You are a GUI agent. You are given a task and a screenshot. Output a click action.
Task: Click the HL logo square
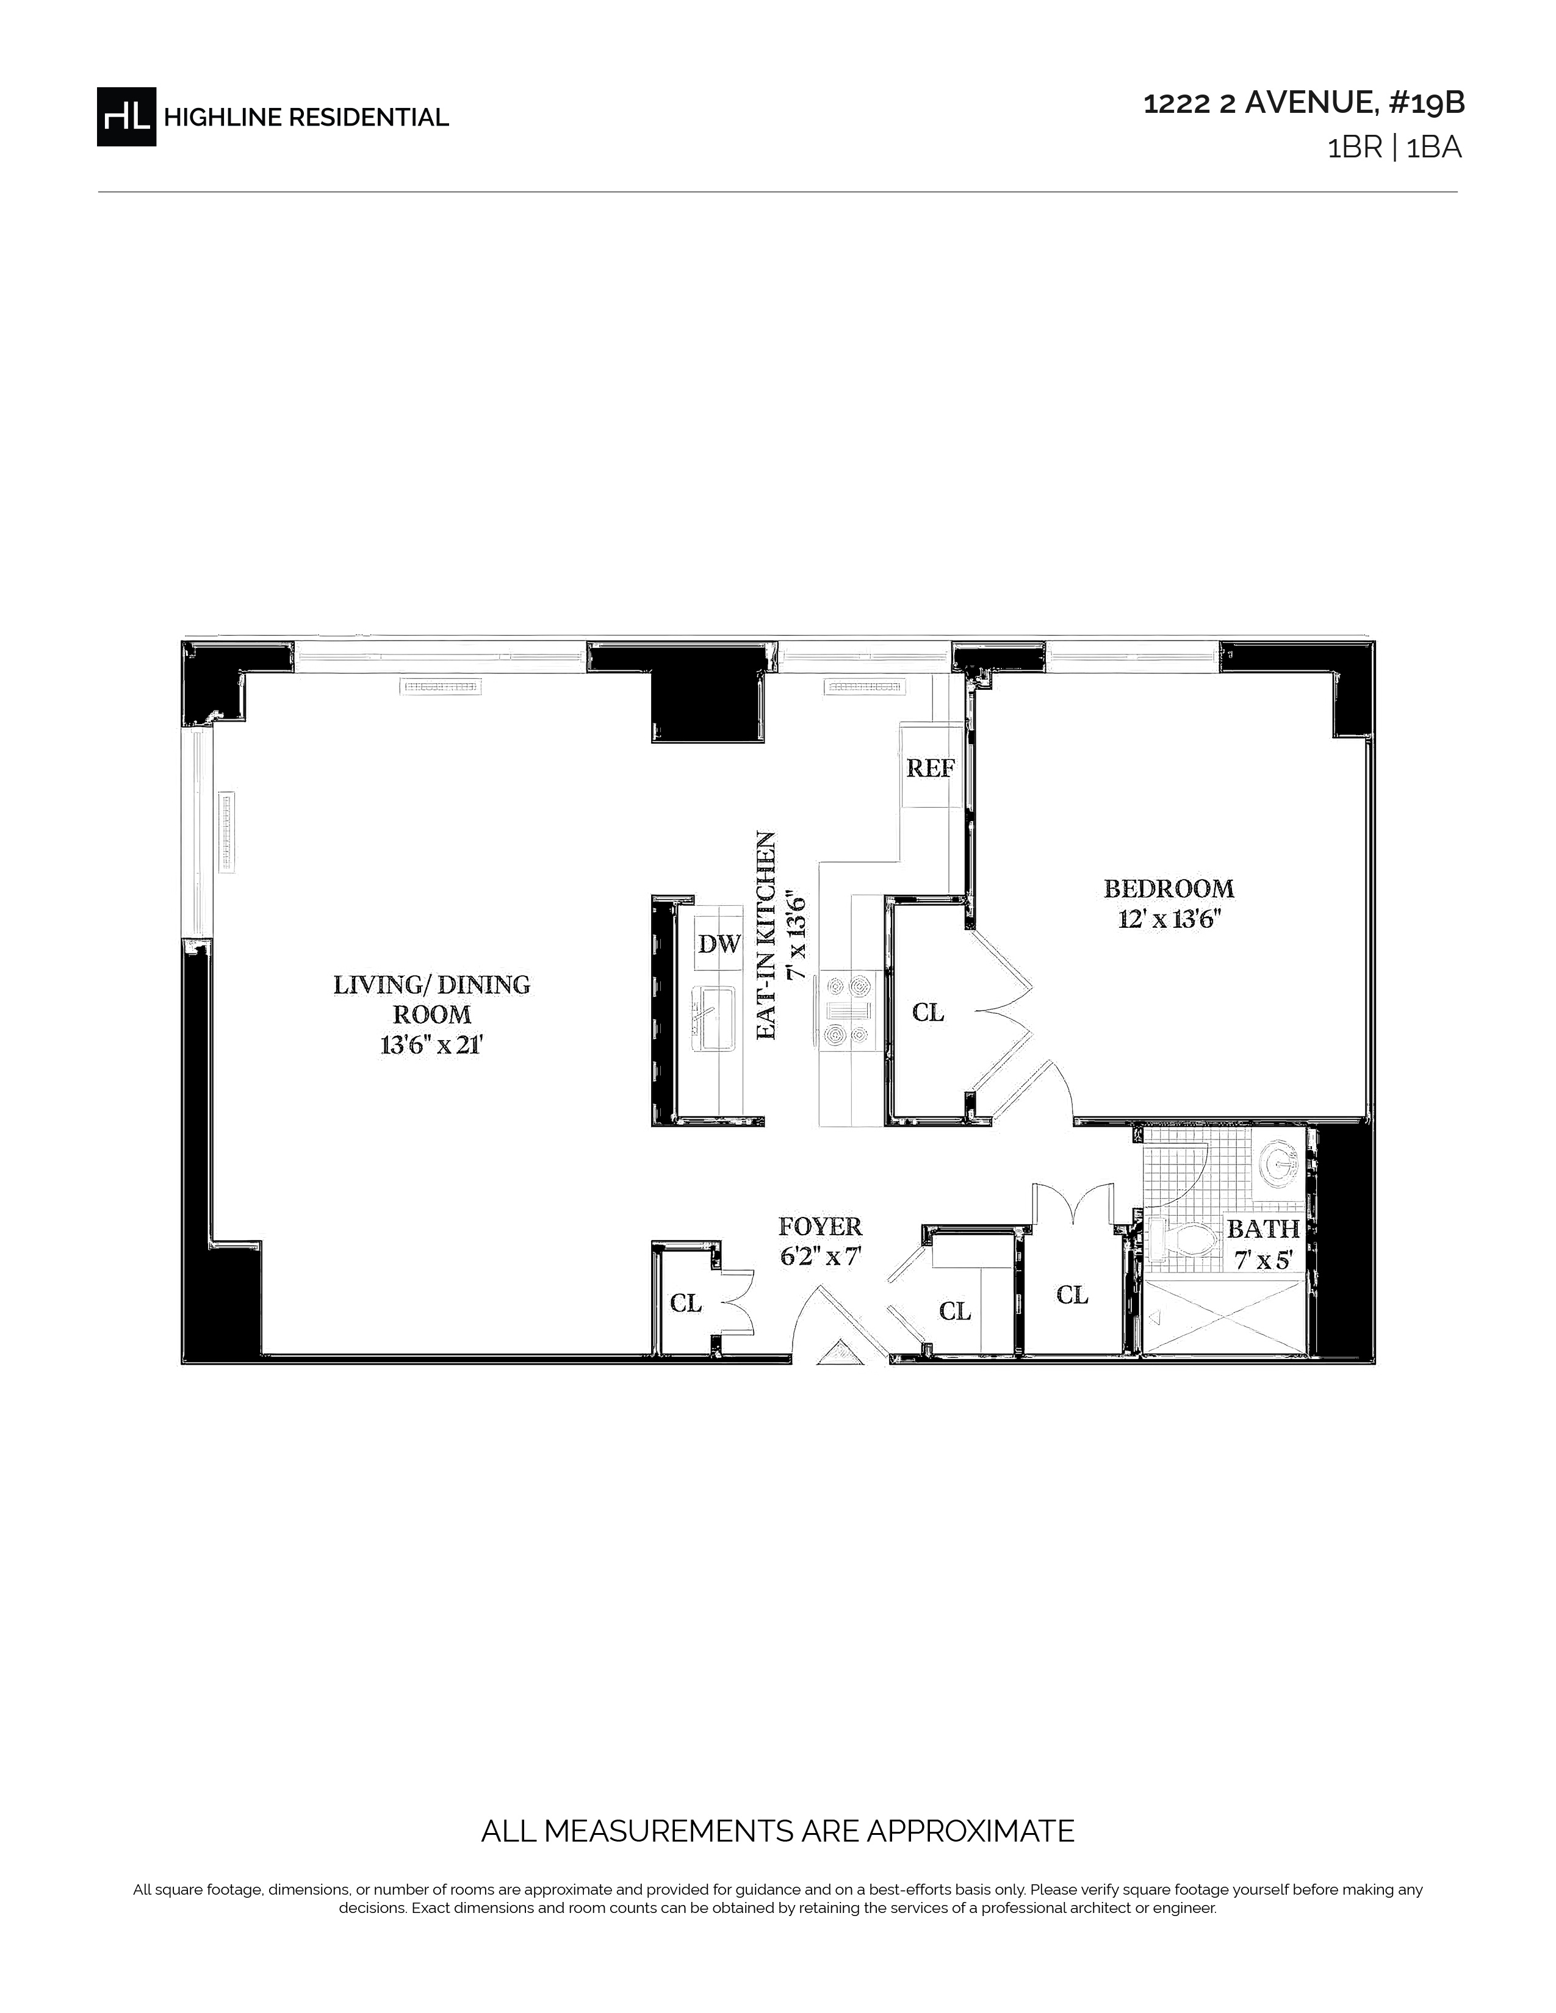[126, 116]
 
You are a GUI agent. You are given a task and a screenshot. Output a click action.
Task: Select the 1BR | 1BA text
[1394, 148]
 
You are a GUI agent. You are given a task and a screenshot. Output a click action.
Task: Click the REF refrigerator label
[929, 768]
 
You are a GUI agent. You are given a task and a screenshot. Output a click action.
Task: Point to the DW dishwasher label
[719, 944]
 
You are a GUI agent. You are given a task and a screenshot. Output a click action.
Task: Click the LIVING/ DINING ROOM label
[433, 999]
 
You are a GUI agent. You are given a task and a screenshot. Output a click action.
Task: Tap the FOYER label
[820, 1227]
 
